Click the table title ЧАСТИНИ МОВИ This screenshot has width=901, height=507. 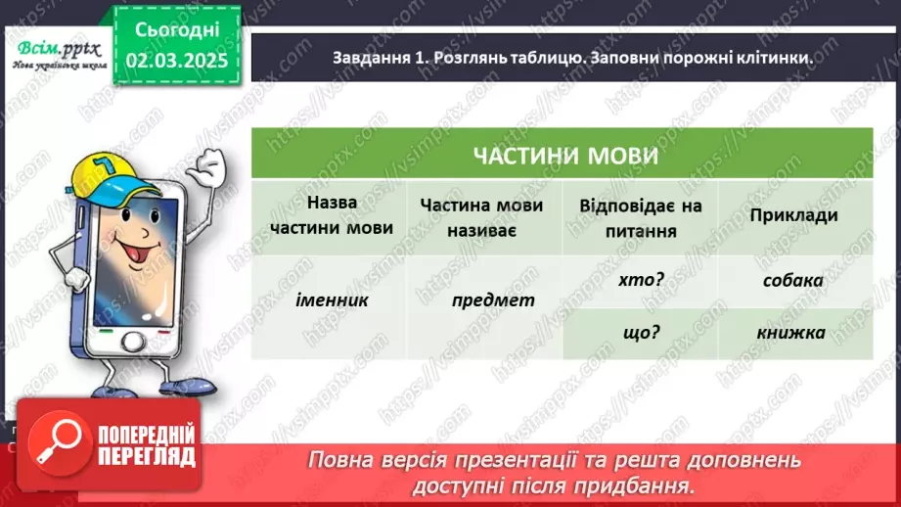563,157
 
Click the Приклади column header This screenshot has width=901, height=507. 794,215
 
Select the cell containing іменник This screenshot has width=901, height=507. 331,300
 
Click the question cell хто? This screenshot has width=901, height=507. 642,280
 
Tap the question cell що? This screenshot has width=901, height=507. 642,332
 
